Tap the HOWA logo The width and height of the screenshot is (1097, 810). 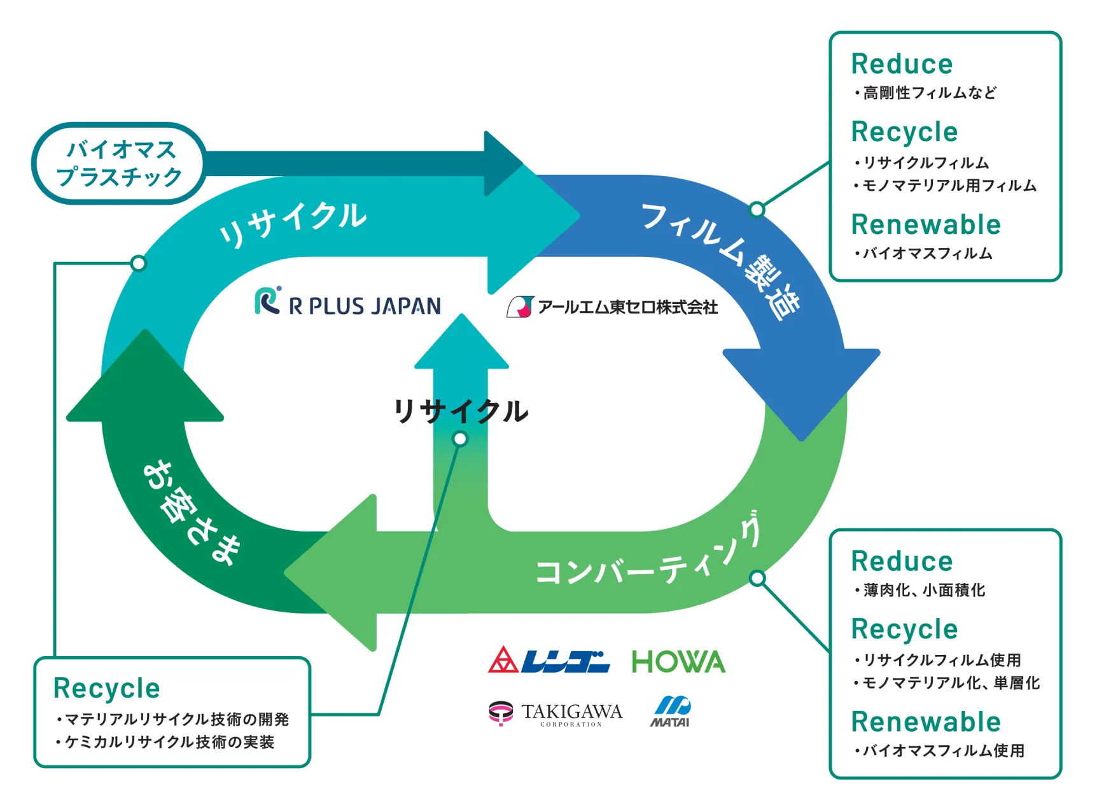point(678,662)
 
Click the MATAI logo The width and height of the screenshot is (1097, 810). point(671,711)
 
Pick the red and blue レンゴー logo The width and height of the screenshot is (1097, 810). point(548,661)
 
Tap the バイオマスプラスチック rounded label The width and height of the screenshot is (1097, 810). point(119,163)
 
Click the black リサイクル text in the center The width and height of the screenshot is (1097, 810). point(461,411)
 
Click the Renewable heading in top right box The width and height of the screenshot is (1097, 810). point(926,224)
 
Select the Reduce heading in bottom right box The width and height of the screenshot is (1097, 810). point(902,561)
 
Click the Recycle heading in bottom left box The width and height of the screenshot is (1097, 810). point(107,688)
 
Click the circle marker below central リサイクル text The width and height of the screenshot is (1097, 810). point(460,439)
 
